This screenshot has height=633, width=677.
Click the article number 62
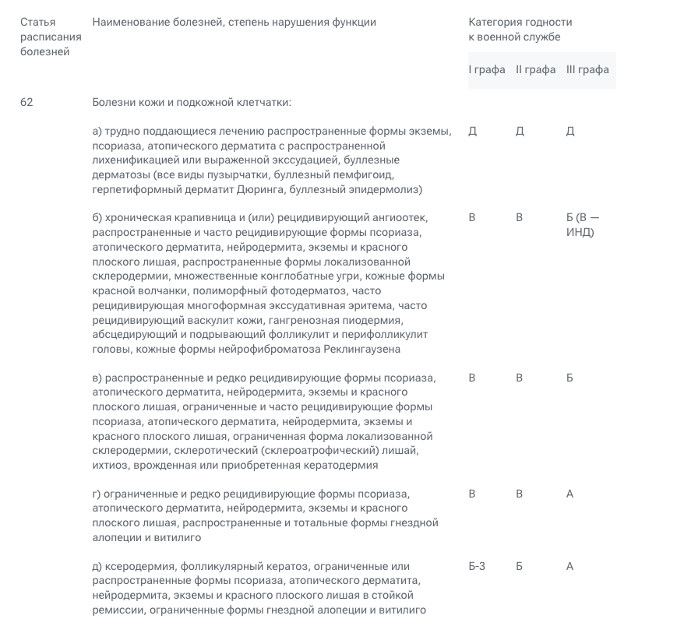click(27, 102)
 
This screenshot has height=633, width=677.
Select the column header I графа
click(487, 70)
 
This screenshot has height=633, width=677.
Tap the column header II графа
click(535, 70)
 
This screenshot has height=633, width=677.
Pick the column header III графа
click(587, 70)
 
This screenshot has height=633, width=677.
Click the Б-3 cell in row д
click(477, 566)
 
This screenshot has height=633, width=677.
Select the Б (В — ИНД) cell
click(583, 225)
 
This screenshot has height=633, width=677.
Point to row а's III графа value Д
click(570, 131)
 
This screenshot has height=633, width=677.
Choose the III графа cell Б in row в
click(570, 378)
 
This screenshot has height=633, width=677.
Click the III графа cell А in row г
click(570, 494)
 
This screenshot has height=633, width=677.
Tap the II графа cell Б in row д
click(520, 566)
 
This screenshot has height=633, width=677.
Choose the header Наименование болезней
click(149, 22)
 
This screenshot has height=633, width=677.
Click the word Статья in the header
click(37, 22)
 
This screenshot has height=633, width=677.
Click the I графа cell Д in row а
click(473, 131)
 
